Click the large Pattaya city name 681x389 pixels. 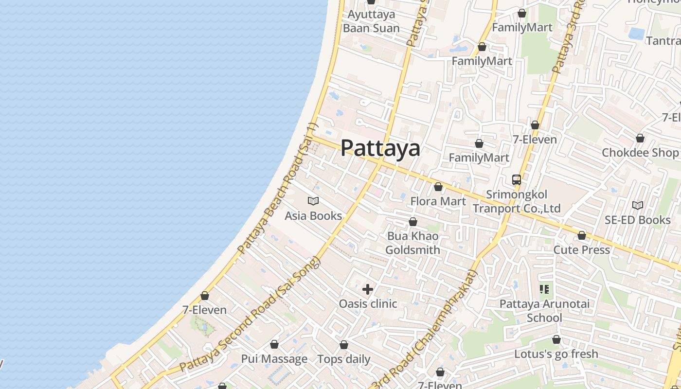pyautogui.click(x=380, y=148)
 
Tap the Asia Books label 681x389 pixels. pyautogui.click(x=313, y=215)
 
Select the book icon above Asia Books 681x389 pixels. pyautogui.click(x=313, y=201)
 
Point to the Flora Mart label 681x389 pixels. pyautogui.click(x=438, y=201)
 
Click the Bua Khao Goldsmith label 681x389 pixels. pyautogui.click(x=412, y=243)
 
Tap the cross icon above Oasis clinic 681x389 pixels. pyautogui.click(x=368, y=289)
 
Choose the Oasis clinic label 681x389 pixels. pyautogui.click(x=368, y=304)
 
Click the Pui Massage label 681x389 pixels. pyautogui.click(x=274, y=359)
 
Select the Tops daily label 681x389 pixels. pyautogui.click(x=344, y=359)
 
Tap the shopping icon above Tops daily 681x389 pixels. pyautogui.click(x=344, y=345)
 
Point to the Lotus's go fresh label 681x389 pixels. pyautogui.click(x=556, y=354)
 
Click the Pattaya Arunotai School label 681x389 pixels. pyautogui.click(x=544, y=311)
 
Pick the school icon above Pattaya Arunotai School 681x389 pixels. pyautogui.click(x=544, y=289)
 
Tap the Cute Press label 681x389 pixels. pyautogui.click(x=581, y=249)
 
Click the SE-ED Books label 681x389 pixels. pyautogui.click(x=637, y=220)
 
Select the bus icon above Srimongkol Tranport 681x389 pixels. pyautogui.click(x=517, y=180)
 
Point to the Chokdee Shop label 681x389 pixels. pyautogui.click(x=640, y=153)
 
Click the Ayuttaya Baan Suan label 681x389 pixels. pyautogui.click(x=371, y=21)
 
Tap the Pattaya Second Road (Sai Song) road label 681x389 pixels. pyautogui.click(x=251, y=314)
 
